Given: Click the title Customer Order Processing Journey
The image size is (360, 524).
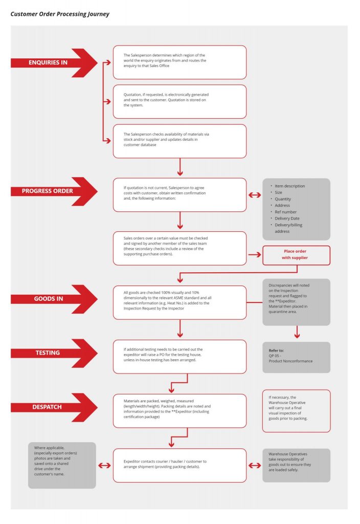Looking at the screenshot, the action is (x=60, y=14).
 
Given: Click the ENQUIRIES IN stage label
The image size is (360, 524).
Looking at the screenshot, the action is (x=48, y=62).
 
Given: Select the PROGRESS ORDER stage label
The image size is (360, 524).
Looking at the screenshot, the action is (x=48, y=191).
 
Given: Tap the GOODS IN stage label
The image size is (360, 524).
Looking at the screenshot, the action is (x=49, y=299).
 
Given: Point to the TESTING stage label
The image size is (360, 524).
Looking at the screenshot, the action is (x=48, y=353).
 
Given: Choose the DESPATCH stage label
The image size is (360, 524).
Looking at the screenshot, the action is (x=47, y=407).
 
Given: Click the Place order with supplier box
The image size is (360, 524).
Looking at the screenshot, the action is (x=296, y=255).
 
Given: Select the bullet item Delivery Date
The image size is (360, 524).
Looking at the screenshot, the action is (x=287, y=218).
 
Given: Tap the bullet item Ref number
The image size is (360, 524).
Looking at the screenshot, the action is (x=285, y=212).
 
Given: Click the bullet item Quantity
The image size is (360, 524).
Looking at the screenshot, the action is (x=282, y=199).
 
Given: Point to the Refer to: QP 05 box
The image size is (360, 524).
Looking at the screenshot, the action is (x=296, y=357).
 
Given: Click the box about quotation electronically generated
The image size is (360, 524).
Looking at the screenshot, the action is (x=179, y=102).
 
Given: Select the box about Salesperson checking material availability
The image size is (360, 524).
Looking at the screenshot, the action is (x=179, y=141).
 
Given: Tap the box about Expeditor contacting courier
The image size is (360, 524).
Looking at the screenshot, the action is (x=179, y=465).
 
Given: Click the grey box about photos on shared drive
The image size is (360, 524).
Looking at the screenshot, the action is (x=62, y=465).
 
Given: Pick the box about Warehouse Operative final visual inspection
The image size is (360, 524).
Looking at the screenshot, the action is (x=296, y=411).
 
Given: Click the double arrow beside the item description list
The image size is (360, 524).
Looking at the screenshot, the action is (x=255, y=195).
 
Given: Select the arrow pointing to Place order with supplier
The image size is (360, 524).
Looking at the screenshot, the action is (x=255, y=255).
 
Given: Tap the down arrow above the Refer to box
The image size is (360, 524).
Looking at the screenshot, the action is (x=297, y=332).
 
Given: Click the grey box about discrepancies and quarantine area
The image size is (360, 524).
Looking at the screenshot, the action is (x=296, y=302).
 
